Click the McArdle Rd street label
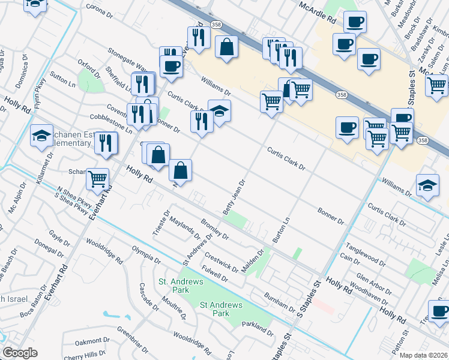pos(318,13)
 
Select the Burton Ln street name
pos(281,230)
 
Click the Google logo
pos(20,353)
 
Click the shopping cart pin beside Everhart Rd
pos(97,178)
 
